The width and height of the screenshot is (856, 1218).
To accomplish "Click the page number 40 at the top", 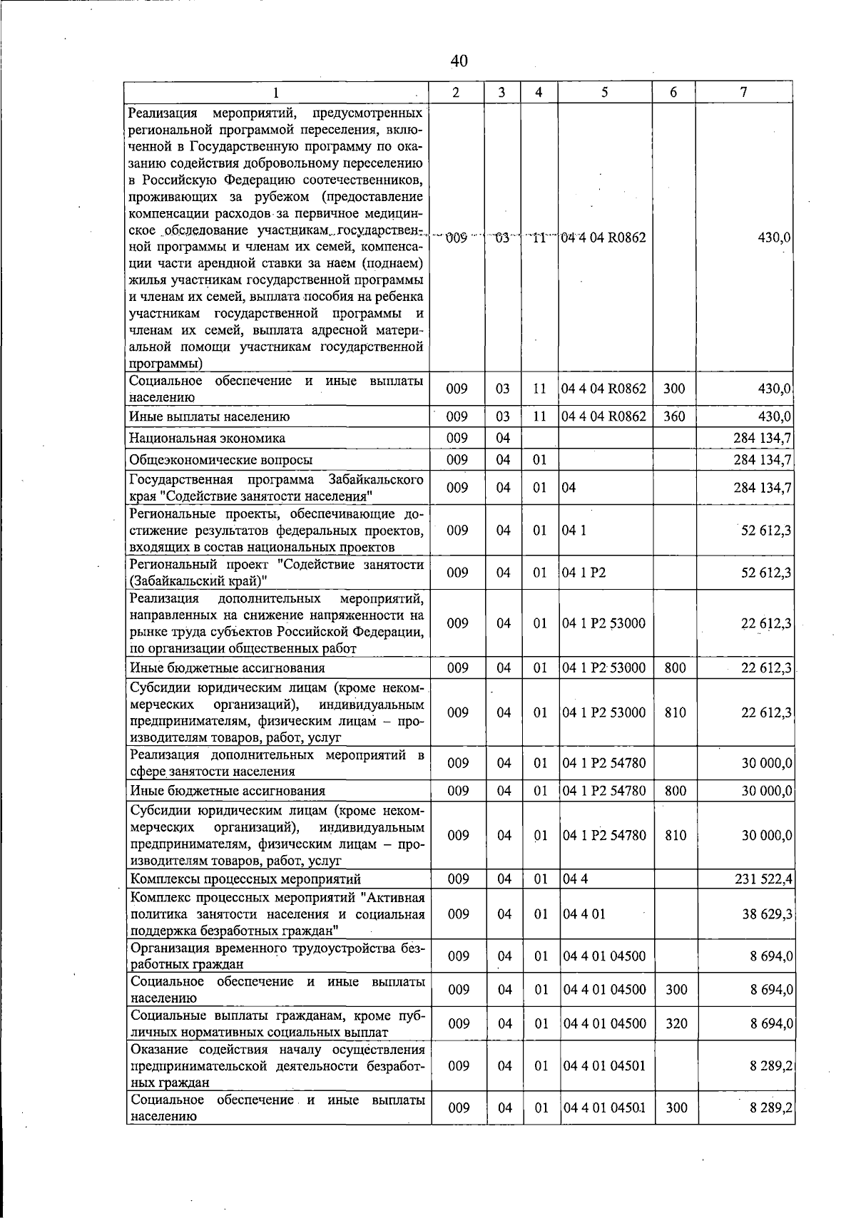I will point(459,61).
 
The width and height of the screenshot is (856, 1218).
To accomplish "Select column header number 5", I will point(603,92).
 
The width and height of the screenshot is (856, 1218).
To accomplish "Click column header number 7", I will point(743,92).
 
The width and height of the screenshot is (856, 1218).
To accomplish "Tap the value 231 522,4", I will point(763,879).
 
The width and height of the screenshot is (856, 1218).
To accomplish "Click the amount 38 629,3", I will point(767,913).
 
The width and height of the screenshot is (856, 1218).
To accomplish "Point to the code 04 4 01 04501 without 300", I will point(604,1065).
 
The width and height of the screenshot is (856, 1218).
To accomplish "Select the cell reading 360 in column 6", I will point(674,416).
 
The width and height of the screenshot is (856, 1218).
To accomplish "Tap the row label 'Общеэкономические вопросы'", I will point(220,460).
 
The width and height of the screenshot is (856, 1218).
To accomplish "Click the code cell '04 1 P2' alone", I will point(584,573).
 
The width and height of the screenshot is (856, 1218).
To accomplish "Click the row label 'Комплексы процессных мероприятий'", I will point(245,879).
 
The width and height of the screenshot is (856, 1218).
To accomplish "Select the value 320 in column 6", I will point(675,1024).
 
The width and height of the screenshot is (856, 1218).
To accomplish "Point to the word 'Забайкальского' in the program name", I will point(376,478).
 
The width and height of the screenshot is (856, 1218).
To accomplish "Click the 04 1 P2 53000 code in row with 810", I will point(604,712).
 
